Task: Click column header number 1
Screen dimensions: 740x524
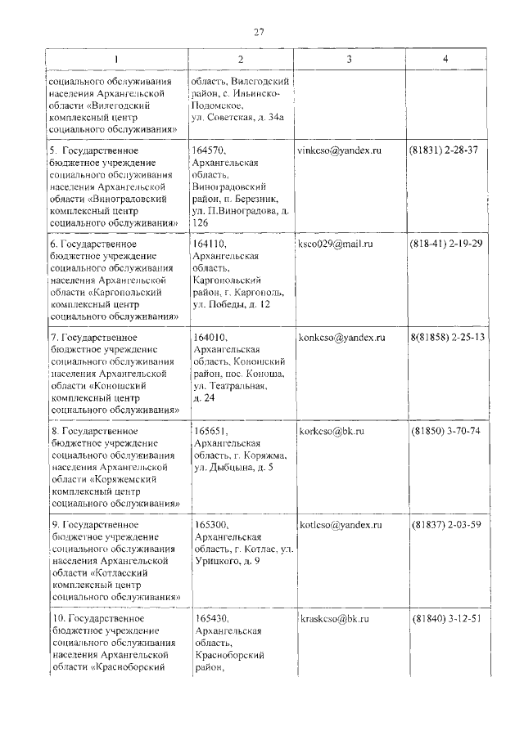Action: coord(115,60)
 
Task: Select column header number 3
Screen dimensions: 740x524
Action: coord(349,60)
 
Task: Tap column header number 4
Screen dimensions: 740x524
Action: coord(445,60)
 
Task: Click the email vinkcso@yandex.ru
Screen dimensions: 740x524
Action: coord(341,151)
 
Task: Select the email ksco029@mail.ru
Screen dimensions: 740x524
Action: coord(337,244)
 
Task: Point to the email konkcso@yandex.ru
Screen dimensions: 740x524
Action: coord(341,338)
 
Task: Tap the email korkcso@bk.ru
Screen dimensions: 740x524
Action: coord(332,431)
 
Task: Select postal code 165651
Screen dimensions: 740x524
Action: coord(211,431)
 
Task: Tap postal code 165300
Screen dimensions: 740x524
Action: coord(211,524)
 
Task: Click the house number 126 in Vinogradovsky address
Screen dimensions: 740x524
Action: coord(201,223)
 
